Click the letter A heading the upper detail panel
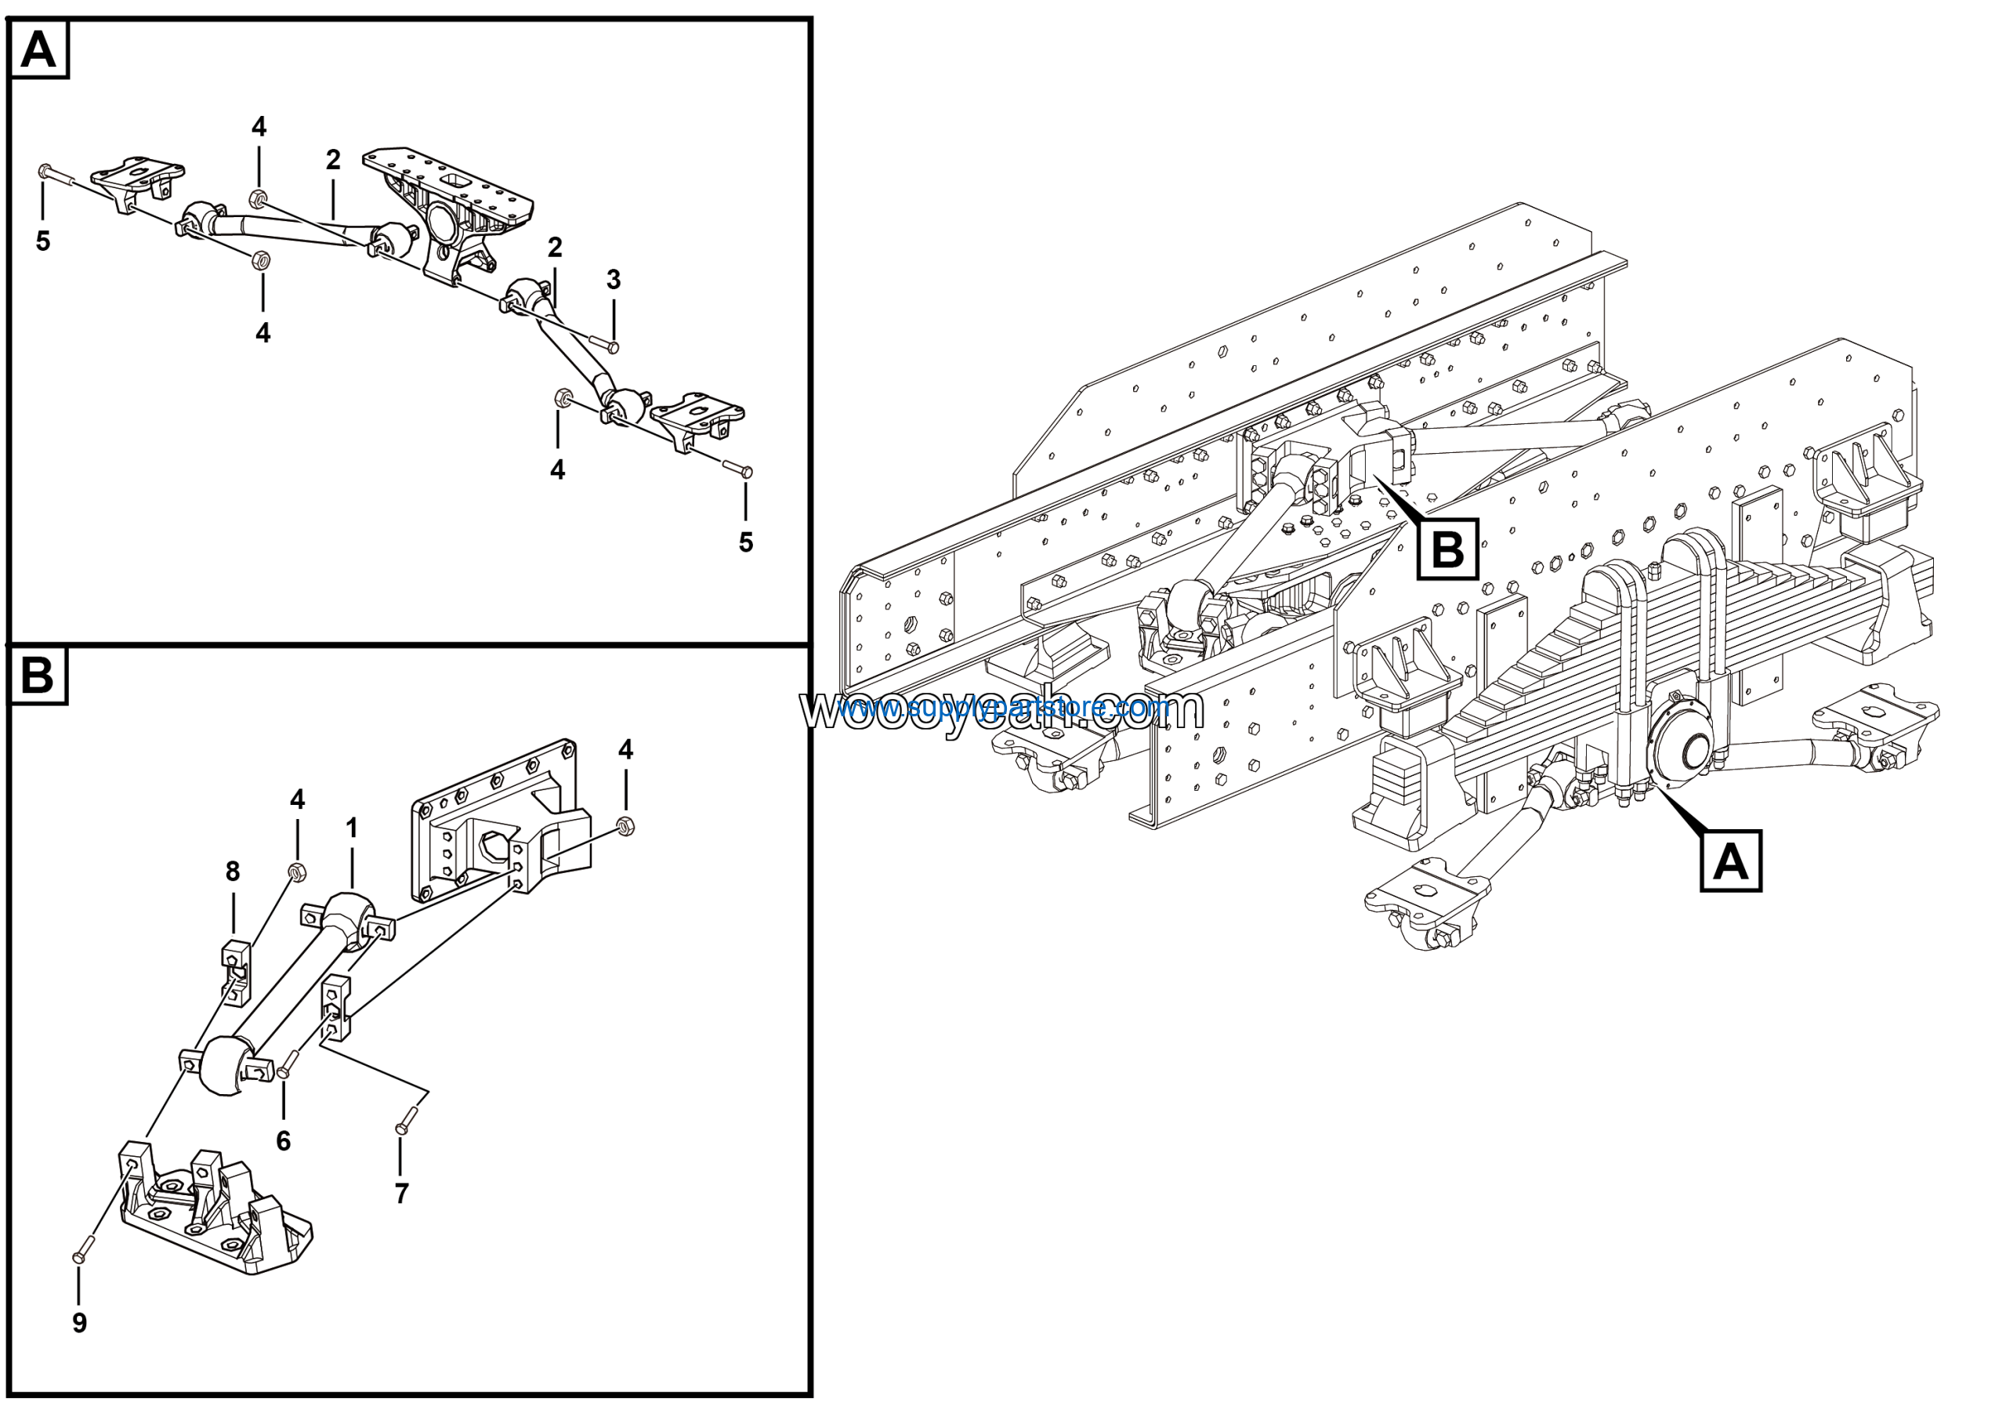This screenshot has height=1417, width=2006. coord(38,50)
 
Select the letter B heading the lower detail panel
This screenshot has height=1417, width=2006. coord(38,676)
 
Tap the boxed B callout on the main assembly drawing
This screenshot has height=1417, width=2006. coord(1447,549)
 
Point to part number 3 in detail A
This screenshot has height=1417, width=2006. coord(614,280)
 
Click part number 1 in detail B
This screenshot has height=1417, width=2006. coord(351,828)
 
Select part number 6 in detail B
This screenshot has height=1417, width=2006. coord(283,1141)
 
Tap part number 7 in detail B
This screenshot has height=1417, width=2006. coord(401,1194)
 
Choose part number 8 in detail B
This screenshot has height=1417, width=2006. coord(233,871)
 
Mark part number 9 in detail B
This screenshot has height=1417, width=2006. coord(79,1323)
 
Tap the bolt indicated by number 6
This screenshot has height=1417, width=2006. coord(288,1066)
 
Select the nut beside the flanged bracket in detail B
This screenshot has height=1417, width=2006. coord(625,825)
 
